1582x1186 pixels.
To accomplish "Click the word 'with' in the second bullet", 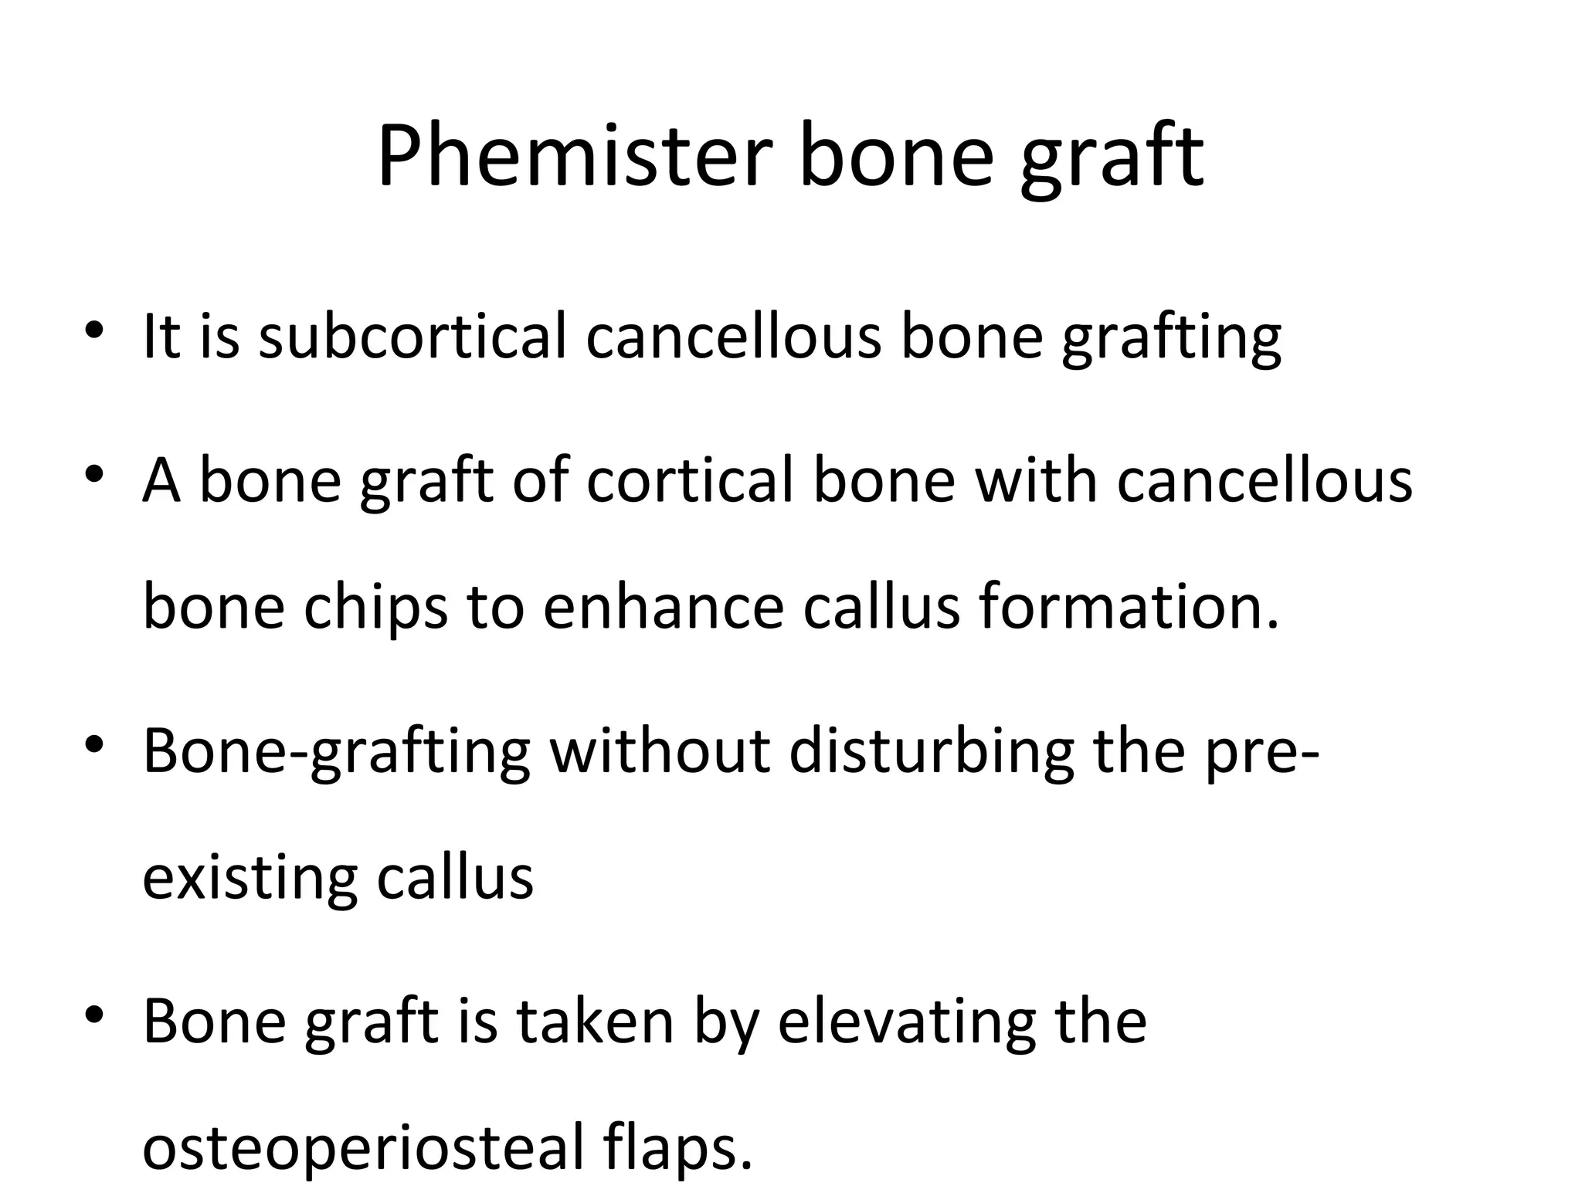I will tap(1036, 480).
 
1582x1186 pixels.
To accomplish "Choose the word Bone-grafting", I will tap(336, 753).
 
